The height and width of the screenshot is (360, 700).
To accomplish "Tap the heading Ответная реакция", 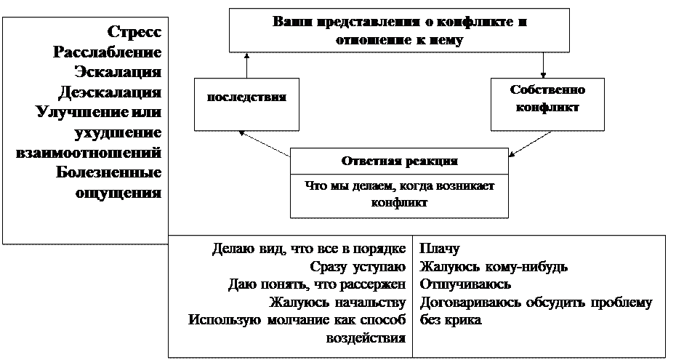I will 399,161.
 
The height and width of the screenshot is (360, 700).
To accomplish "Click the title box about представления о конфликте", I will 399,30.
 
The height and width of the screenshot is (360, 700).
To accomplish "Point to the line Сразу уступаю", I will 358,266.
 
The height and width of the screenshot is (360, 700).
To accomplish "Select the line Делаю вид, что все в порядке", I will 309,249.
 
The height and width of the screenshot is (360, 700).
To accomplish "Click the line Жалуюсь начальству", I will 337,302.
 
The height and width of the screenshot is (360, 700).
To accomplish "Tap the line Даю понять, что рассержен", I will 316,284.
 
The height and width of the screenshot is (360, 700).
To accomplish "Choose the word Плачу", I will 439,249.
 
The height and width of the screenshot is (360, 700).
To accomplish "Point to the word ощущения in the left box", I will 118,193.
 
